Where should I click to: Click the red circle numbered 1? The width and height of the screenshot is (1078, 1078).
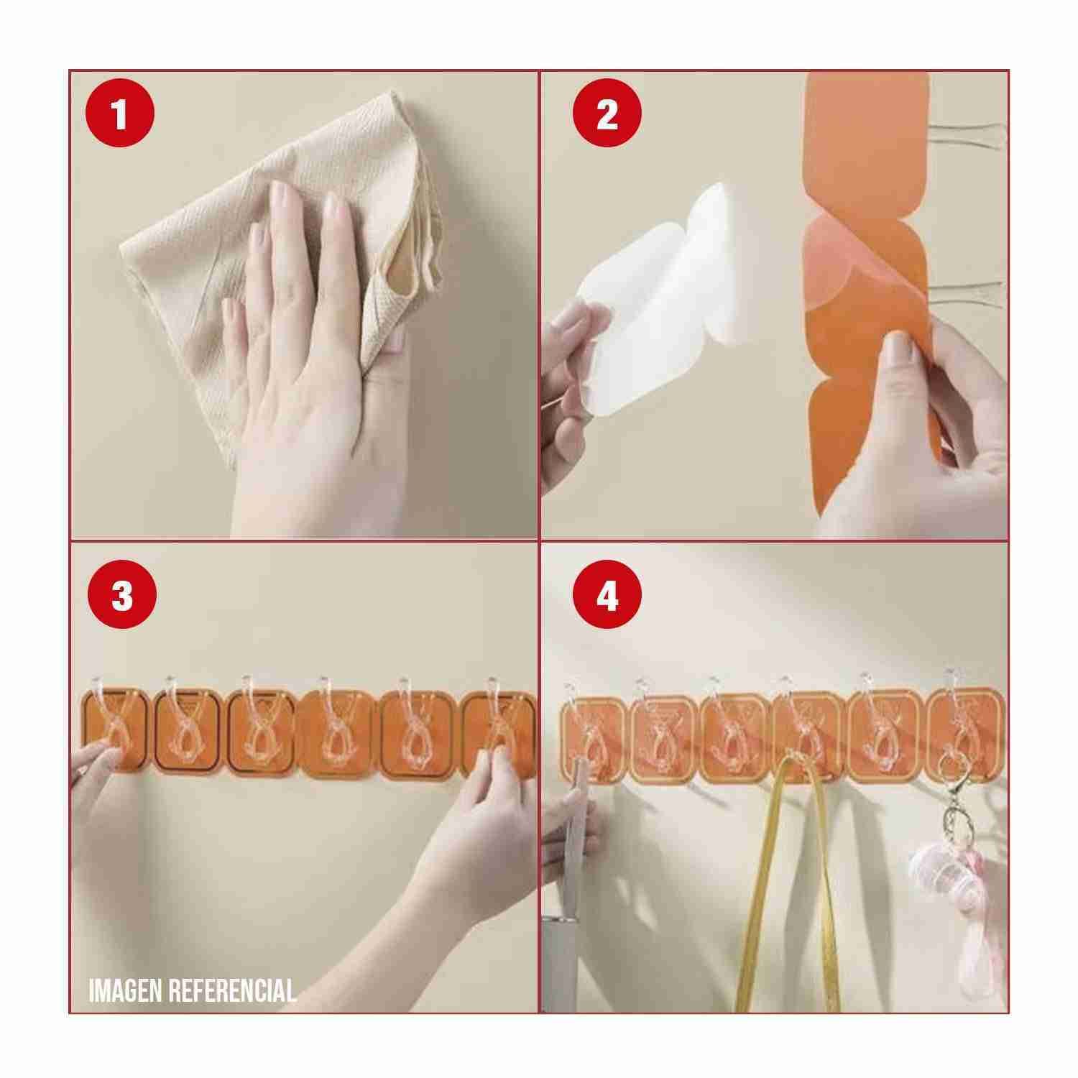pyautogui.click(x=119, y=115)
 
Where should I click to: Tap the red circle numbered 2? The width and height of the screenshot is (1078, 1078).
pyautogui.click(x=607, y=115)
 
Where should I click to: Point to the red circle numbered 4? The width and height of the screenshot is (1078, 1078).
pyautogui.click(x=607, y=596)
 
